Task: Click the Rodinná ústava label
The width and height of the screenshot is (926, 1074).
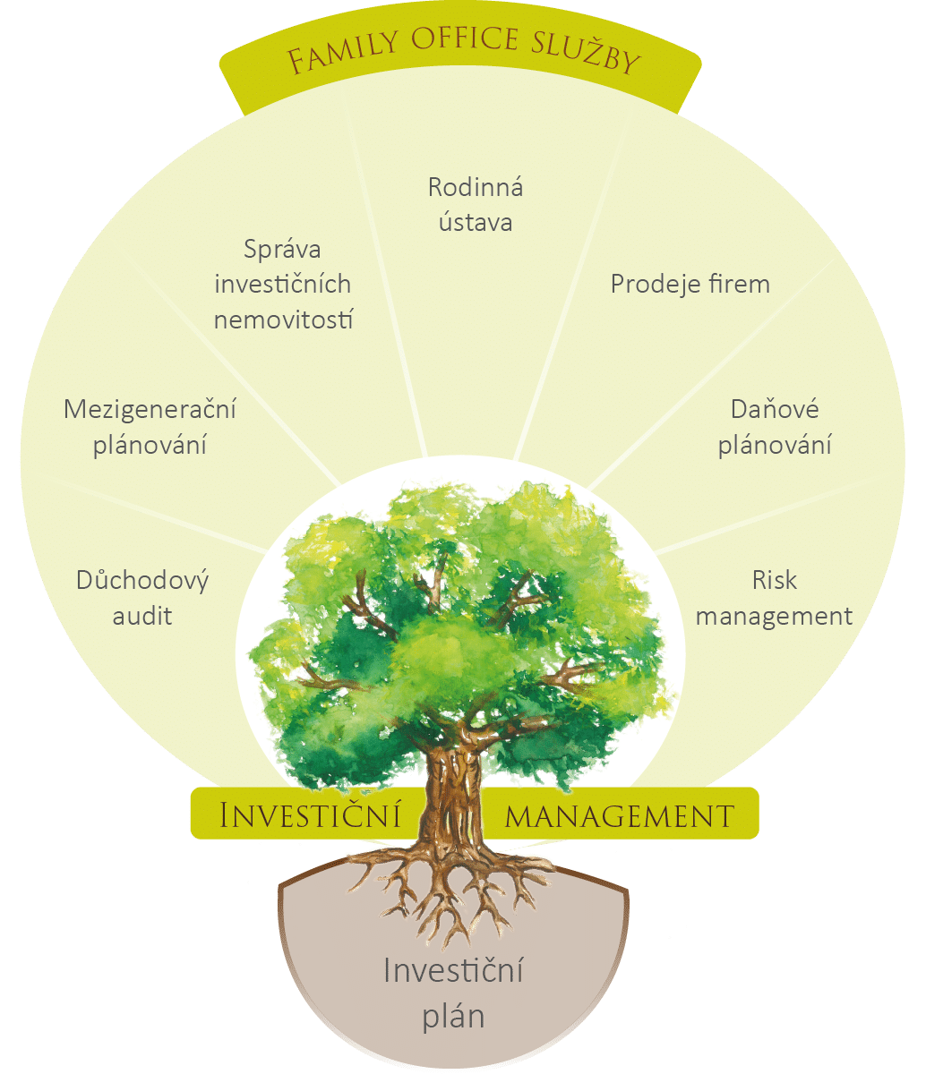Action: pos(476,204)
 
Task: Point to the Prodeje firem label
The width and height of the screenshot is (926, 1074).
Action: pos(690,284)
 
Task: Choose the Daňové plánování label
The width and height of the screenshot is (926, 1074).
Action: pos(775,427)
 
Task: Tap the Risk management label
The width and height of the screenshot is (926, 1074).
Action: pos(775,598)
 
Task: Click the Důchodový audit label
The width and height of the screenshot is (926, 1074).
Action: pos(142,598)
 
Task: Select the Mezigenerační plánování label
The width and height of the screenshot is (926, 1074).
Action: pos(150,427)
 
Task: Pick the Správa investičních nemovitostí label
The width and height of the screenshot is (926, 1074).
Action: pos(284,284)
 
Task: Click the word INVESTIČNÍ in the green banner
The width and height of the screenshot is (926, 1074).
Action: pos(309,815)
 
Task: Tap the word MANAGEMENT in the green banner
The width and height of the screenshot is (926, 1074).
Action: pos(620,815)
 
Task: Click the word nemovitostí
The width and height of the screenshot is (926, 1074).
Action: pos(284,319)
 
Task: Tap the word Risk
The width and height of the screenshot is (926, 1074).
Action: pos(775,580)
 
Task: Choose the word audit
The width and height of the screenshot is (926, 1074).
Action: pos(142,616)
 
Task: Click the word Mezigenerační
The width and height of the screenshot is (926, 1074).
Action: pos(150,410)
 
